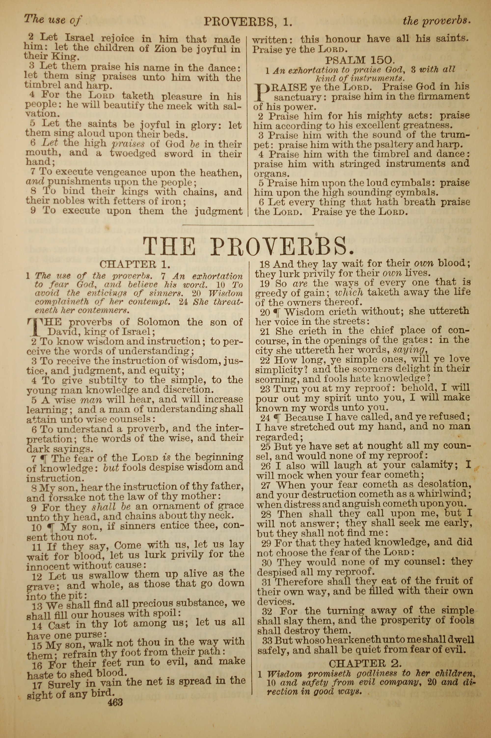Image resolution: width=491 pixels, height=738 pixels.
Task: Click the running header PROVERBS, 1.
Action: pos(248,22)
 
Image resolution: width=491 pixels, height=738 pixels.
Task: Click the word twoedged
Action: pos(133,153)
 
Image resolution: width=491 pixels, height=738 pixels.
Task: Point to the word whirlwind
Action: pos(448,495)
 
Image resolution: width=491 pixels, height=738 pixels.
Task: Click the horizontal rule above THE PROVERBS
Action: pos(248,225)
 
